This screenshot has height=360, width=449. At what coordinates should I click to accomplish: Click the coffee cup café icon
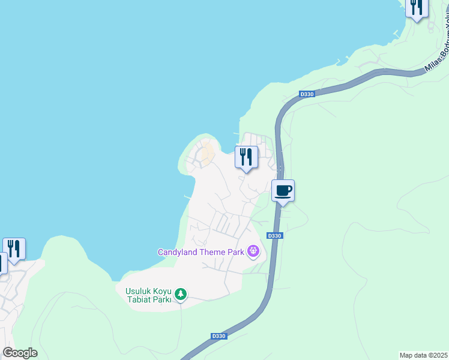coord(283,191)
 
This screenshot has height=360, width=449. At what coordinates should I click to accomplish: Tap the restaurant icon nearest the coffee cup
coord(246,157)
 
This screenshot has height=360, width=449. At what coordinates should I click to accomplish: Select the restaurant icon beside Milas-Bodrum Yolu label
coord(417,7)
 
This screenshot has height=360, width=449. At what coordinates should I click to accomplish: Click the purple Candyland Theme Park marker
coord(253,251)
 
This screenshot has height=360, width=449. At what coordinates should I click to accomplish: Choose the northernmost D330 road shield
coord(306,94)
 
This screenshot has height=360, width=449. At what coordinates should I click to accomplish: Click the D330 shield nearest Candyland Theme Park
coord(274,236)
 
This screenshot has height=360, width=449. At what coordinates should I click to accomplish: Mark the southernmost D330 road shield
coord(218,336)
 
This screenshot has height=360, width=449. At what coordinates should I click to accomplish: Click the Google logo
coord(20,353)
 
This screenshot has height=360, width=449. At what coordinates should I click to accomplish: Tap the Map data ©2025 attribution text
coord(423,355)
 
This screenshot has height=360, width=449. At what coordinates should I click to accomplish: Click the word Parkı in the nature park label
coord(161,299)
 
